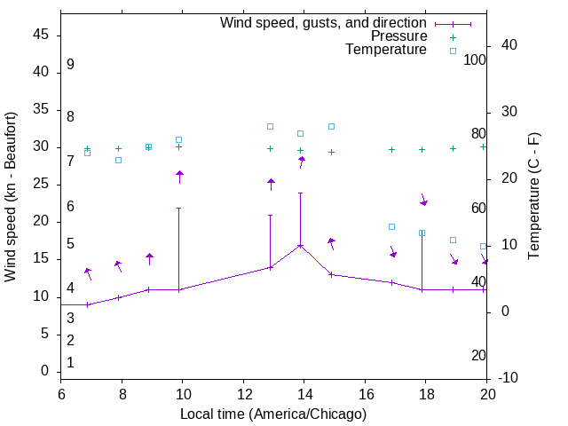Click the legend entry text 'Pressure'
tap(398, 36)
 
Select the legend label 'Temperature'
tap(386, 50)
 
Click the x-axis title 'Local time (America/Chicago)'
tap(273, 414)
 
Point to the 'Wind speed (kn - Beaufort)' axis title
tap(11, 197)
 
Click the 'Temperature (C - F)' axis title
tap(533, 197)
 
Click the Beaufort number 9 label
tap(70, 65)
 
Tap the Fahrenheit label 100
tap(475, 59)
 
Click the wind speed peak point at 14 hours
tap(301, 245)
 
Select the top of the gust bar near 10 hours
tap(179, 209)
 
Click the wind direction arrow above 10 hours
tap(179, 177)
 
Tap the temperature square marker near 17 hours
tap(391, 226)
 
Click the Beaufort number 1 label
tap(70, 362)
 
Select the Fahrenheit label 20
tap(478, 355)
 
